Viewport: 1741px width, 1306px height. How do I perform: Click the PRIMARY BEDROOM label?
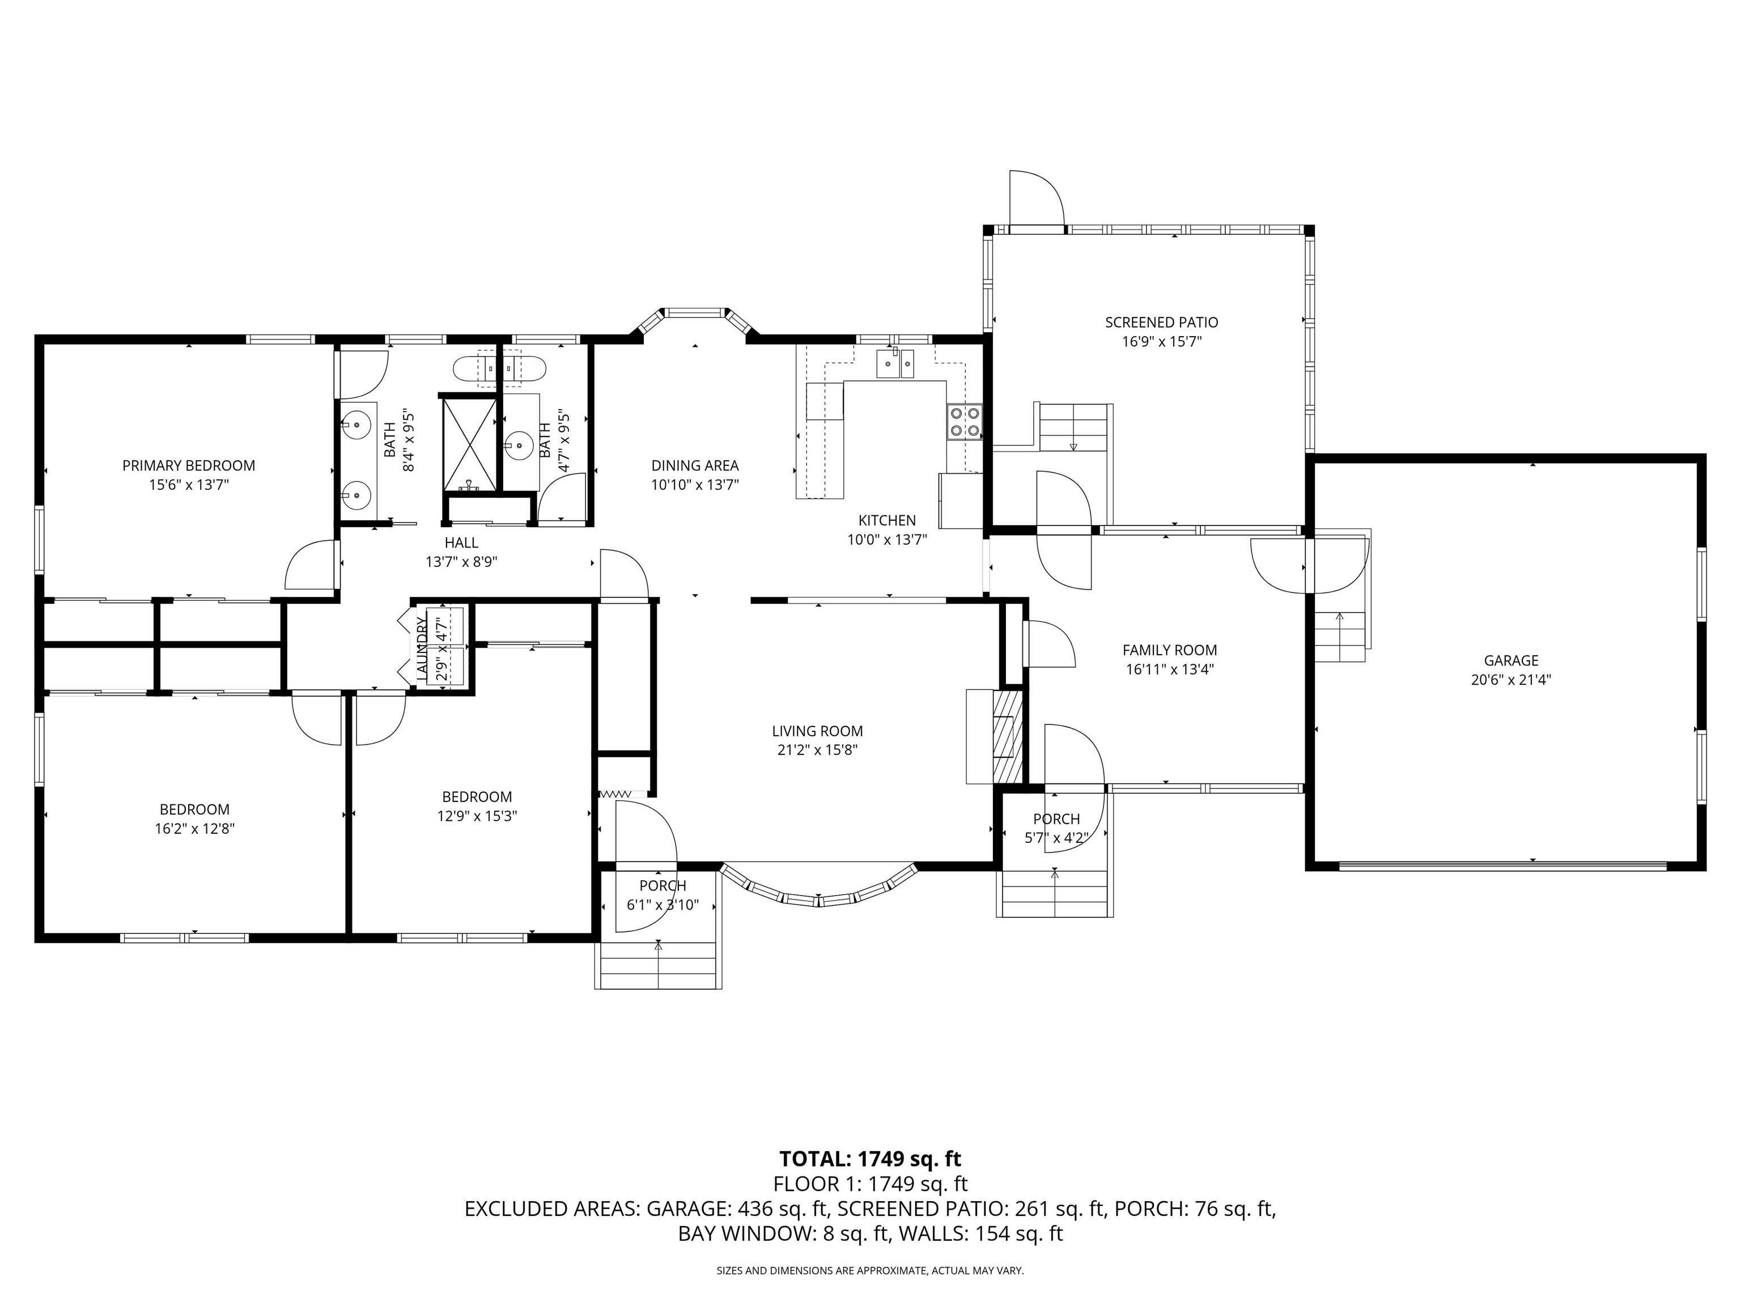[x=188, y=465]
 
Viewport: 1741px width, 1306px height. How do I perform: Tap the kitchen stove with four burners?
[x=964, y=421]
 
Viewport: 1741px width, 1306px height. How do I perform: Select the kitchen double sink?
[x=895, y=364]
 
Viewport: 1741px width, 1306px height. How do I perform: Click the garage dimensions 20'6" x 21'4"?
[x=1510, y=680]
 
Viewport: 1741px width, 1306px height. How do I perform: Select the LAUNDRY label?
[x=421, y=648]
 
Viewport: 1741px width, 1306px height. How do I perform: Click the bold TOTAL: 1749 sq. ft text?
[x=870, y=1159]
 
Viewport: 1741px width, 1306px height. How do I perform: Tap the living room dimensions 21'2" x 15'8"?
[x=817, y=750]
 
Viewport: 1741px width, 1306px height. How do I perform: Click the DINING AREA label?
[x=694, y=465]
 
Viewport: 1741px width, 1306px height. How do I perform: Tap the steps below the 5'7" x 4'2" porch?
[x=1055, y=893]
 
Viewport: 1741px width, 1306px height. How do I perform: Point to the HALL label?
[x=461, y=542]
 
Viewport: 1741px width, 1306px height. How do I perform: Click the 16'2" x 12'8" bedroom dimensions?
[x=194, y=828]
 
